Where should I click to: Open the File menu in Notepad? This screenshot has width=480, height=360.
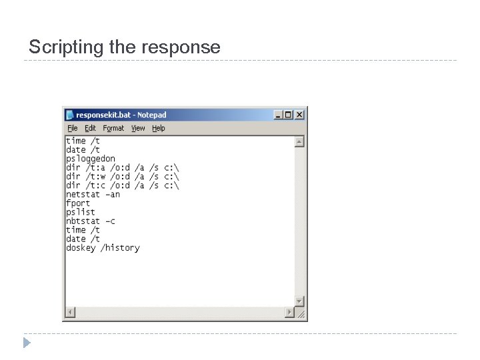(x=72, y=128)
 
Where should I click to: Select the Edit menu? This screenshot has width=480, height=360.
(x=90, y=128)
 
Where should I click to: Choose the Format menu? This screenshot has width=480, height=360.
(x=113, y=128)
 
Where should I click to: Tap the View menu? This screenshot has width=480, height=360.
(x=138, y=128)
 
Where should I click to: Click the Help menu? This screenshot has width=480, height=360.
(x=158, y=128)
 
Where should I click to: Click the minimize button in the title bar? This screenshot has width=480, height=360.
(x=279, y=115)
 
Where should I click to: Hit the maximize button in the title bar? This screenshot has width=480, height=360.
(x=289, y=115)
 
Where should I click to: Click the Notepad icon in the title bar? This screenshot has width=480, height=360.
(x=69, y=115)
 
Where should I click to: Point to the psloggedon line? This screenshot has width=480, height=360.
(x=91, y=159)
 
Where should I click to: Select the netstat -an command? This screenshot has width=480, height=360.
(x=93, y=194)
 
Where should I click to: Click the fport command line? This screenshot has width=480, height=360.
(x=78, y=203)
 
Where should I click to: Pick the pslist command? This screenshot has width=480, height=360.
(x=80, y=212)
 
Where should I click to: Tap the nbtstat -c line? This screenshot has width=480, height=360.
(x=91, y=221)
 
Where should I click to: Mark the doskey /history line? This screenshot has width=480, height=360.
(x=103, y=247)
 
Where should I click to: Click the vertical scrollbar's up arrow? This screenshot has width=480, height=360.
(x=299, y=141)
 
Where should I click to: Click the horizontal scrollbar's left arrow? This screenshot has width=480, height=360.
(x=70, y=311)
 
